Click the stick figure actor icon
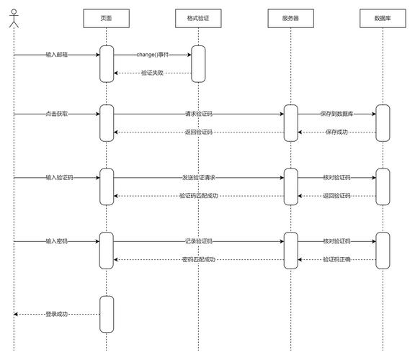point(14,18)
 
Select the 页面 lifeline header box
point(106,18)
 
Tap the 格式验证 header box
point(198,18)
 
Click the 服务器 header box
point(290,18)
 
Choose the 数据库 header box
point(383,18)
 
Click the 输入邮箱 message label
point(57,55)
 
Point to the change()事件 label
point(153,55)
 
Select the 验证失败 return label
point(152,73)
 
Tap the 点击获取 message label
point(57,114)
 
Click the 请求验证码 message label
point(199,114)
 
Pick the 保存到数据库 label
point(336,114)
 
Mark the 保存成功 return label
point(336,132)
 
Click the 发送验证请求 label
point(199,178)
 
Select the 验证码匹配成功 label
point(199,196)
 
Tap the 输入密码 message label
point(57,241)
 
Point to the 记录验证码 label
point(199,241)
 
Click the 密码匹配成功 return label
point(199,259)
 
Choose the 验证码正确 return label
point(336,259)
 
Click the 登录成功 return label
point(57,314)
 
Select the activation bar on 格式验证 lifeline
point(198,64)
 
